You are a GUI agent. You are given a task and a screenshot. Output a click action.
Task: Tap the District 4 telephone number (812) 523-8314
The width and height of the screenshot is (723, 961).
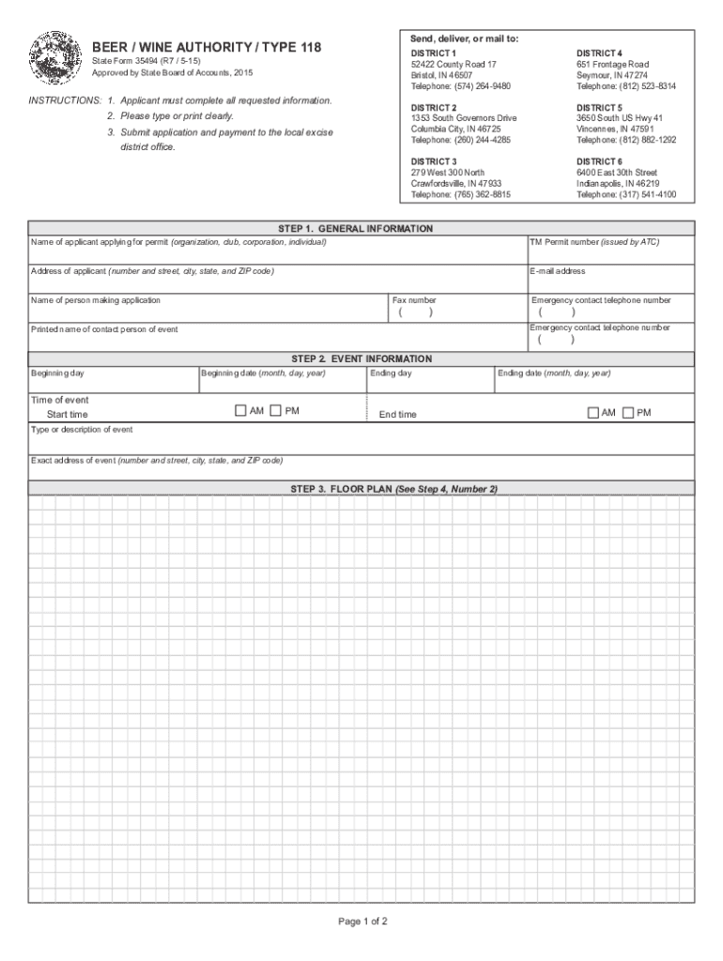pos(625,86)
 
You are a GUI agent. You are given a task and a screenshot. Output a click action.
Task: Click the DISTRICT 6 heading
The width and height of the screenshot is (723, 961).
pos(599,162)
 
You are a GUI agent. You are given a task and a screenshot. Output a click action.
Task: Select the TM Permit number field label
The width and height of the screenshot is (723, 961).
pos(594,242)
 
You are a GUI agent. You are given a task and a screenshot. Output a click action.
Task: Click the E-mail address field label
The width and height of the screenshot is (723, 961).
pos(558,271)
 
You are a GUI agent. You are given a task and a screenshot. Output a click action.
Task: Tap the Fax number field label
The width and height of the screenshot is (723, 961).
pos(414,300)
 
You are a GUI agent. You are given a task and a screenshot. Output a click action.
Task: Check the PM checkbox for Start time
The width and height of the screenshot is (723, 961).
pos(275,411)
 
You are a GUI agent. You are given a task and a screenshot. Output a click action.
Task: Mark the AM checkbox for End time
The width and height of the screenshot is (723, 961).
pos(593,412)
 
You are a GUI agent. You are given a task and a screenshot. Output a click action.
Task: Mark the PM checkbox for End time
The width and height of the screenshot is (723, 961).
pos(628,412)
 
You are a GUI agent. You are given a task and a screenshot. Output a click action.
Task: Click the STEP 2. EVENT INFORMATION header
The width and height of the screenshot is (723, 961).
pos(361,358)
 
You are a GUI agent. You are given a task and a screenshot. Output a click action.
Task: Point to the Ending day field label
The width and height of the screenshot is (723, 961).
pos(391,373)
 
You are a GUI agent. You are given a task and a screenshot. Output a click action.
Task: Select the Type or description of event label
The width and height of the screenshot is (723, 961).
pos(82,430)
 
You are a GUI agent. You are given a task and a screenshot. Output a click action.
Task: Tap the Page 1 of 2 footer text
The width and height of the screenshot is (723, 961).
pos(362,921)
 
